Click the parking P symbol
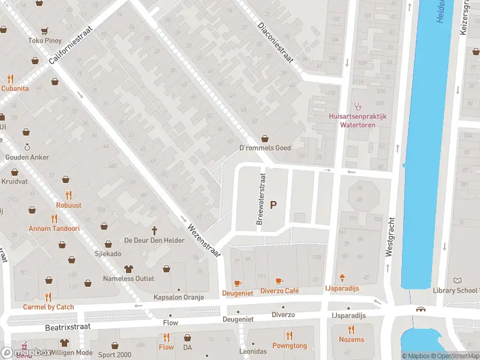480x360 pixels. click(x=274, y=205)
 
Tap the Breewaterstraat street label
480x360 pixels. click(x=260, y=199)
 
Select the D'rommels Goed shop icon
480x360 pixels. click(x=265, y=139)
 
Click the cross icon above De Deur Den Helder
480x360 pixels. click(x=154, y=230)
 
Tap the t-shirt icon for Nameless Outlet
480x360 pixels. click(x=128, y=269)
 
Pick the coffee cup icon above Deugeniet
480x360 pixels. click(x=237, y=283)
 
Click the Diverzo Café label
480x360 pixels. click(x=279, y=291)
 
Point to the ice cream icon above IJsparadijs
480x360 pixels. click(x=343, y=278)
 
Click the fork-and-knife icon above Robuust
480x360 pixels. click(x=69, y=195)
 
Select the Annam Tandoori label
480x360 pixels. click(x=54, y=229)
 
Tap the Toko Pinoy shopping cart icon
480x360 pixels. click(x=44, y=31)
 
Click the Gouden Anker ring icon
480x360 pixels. click(x=27, y=147)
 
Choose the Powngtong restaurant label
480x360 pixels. click(x=289, y=346)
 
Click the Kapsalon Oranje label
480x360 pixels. click(x=179, y=298)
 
